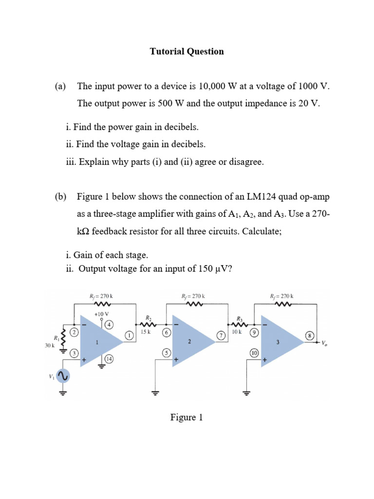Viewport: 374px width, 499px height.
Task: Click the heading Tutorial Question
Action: pyautogui.click(x=187, y=51)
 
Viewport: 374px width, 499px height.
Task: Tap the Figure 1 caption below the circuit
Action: pyautogui.click(x=187, y=417)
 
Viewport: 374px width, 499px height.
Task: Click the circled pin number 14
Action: pyautogui.click(x=109, y=359)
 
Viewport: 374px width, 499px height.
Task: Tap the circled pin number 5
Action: pyautogui.click(x=166, y=352)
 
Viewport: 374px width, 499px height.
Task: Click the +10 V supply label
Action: pyautogui.click(x=102, y=314)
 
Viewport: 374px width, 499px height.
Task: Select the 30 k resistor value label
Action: pyautogui.click(x=50, y=345)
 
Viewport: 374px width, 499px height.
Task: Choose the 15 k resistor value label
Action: pyautogui.click(x=146, y=331)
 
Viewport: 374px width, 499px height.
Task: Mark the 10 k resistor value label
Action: pyautogui.click(x=237, y=331)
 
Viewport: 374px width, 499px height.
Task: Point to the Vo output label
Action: pyautogui.click(x=324, y=343)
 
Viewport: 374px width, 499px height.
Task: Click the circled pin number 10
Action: pyautogui.click(x=254, y=353)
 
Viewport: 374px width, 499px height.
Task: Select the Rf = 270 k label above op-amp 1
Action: pyautogui.click(x=101, y=296)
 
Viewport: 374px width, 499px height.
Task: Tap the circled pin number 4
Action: pyautogui.click(x=110, y=325)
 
